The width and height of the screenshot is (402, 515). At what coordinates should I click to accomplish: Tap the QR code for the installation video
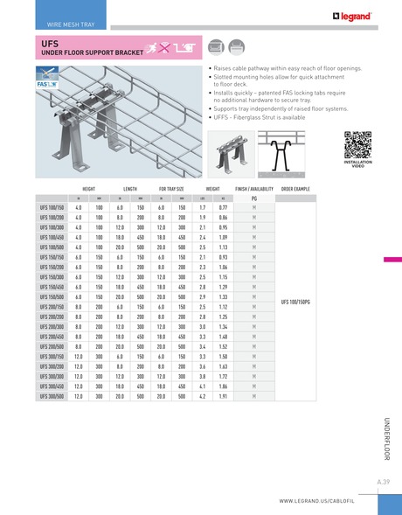pos(357,143)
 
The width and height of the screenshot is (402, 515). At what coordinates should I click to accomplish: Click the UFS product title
pos(50,41)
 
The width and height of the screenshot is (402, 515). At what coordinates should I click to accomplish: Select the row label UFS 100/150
pos(52,207)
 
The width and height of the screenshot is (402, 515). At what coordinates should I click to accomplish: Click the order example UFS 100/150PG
pos(295,301)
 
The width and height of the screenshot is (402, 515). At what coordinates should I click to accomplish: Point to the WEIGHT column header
pos(212,188)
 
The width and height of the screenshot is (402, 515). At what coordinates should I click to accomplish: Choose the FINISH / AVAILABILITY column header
pos(253,188)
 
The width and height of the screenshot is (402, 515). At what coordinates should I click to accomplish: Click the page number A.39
pos(383,482)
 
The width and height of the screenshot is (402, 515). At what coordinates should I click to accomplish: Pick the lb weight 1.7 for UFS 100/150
pos(202,207)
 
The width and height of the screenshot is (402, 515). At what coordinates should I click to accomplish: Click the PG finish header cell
pos(253,198)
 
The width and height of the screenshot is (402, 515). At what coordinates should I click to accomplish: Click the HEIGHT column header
pos(89,188)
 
